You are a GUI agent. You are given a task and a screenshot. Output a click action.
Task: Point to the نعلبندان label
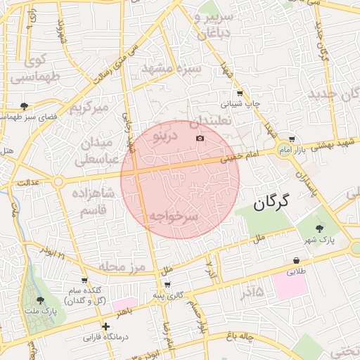tap(210, 120)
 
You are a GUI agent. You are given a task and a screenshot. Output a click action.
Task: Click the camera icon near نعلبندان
tap(200, 137)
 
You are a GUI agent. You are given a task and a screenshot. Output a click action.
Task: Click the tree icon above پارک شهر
tap(321, 228)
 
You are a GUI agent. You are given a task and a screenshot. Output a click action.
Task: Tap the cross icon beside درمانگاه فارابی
tap(105, 326)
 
